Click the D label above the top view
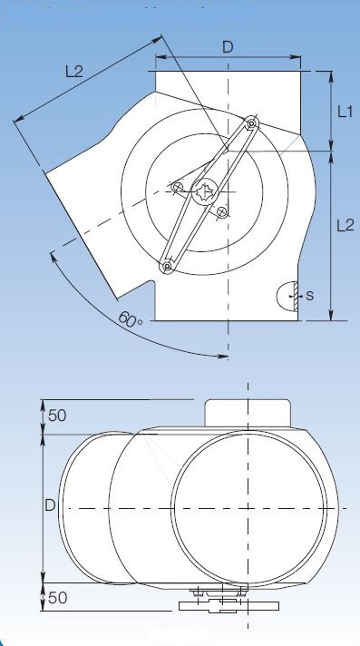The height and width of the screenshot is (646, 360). (x=228, y=47)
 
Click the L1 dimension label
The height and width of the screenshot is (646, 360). (x=345, y=112)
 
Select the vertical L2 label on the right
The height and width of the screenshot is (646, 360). (x=345, y=226)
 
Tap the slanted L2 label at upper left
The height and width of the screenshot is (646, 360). (x=74, y=72)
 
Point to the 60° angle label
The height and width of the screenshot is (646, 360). (x=131, y=319)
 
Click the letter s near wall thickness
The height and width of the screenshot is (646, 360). (x=310, y=295)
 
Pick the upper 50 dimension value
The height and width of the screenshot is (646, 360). (x=57, y=416)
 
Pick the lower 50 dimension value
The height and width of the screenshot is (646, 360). (x=57, y=597)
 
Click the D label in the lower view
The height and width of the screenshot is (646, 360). (x=50, y=505)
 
